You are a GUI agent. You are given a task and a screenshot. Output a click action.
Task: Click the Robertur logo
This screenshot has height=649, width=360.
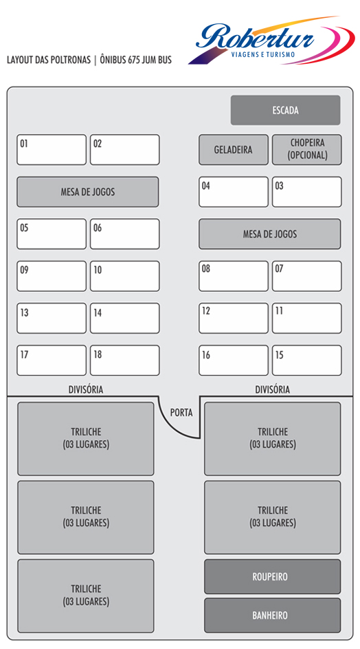pyautogui.click(x=271, y=41)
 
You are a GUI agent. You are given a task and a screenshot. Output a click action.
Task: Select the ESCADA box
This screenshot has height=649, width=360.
pyautogui.click(x=285, y=110)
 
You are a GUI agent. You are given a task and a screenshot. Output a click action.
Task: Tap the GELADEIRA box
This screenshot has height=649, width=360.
pyautogui.click(x=233, y=150)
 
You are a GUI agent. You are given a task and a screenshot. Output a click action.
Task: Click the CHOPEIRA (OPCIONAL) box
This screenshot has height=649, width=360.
pyautogui.click(x=307, y=150)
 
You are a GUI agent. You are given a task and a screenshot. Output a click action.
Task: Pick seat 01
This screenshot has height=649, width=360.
pyautogui.click(x=52, y=150)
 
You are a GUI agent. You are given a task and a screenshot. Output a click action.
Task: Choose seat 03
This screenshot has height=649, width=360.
pyautogui.click(x=307, y=192)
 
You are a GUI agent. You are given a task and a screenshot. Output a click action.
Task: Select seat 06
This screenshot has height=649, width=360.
pyautogui.click(x=125, y=234)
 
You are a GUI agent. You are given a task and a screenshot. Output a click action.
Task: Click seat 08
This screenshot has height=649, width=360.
pyautogui.click(x=233, y=276)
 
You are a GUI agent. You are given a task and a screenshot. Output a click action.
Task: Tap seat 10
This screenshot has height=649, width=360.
pyautogui.click(x=125, y=276)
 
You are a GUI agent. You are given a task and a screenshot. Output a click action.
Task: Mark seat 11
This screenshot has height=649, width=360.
pyautogui.click(x=307, y=318)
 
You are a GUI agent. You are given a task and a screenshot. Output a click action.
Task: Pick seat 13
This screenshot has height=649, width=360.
pyautogui.click(x=52, y=318)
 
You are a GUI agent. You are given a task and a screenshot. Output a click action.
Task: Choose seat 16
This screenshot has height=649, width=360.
pyautogui.click(x=233, y=360)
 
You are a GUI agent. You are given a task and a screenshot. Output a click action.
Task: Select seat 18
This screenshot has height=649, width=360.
pyautogui.click(x=125, y=360)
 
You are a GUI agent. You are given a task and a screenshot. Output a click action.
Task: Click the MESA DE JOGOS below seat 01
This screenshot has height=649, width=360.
pyautogui.click(x=87, y=192)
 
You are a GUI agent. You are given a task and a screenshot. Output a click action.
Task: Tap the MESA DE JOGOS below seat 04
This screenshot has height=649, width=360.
pyautogui.click(x=270, y=234)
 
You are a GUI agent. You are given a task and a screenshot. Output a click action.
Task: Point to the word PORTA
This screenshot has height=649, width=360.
pyautogui.click(x=181, y=413)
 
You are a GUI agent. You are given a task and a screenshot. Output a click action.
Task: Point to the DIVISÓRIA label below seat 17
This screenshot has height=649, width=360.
pyautogui.click(x=86, y=389)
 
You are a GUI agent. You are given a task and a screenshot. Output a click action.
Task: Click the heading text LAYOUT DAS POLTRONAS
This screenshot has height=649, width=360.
pyautogui.click(x=49, y=60)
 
